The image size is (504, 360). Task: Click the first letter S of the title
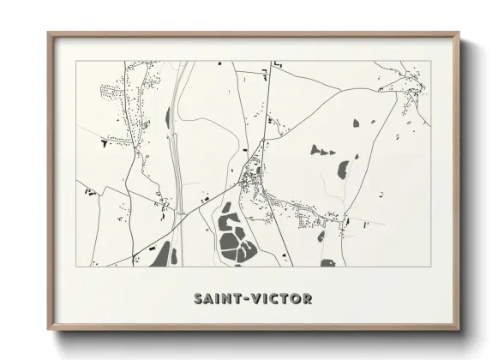tap(198, 299)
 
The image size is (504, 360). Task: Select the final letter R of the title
tap(307, 299)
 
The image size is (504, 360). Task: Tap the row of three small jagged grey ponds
tap(321, 152)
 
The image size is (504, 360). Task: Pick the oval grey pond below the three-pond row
tap(343, 169)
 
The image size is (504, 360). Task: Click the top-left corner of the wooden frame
tap(50, 35)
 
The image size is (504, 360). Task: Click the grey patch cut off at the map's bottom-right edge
tap(328, 262)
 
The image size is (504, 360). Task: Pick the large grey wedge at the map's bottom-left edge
tap(160, 255)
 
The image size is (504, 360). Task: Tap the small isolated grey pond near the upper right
tap(357, 123)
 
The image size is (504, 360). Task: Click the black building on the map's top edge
tap(277, 63)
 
